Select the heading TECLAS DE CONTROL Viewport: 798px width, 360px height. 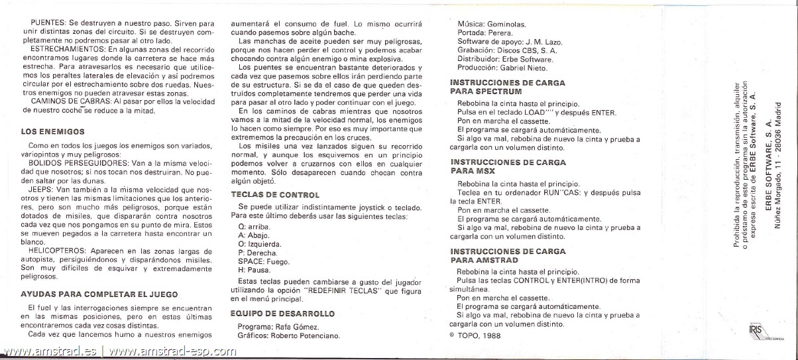(x=275, y=195)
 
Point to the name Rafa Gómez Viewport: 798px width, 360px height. (x=296, y=327)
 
